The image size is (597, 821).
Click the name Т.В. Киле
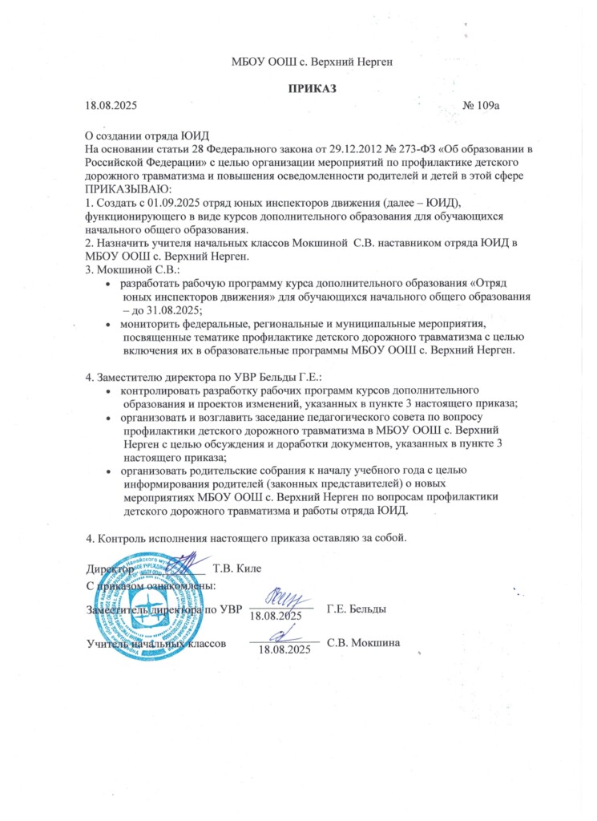[238, 568]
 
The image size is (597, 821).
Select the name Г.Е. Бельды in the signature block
[357, 609]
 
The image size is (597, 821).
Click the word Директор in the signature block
[109, 568]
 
